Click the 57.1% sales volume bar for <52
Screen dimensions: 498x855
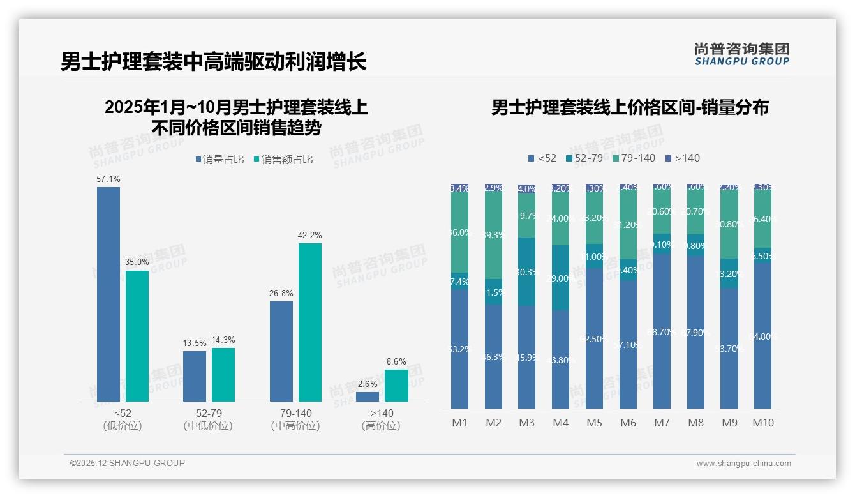pos(108,294)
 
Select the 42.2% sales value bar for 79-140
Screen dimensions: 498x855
pos(310,322)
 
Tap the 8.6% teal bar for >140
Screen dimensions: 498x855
pos(396,386)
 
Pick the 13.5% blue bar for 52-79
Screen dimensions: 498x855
pos(195,376)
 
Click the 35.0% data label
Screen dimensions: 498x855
pos(137,262)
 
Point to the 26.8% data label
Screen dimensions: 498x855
pos(281,294)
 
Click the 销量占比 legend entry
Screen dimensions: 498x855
pos(219,160)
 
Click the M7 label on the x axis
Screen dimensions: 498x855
pos(662,423)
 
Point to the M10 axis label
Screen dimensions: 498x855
pos(762,423)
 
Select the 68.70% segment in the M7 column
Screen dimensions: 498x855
pos(662,331)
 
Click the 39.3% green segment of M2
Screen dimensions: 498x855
pos(493,236)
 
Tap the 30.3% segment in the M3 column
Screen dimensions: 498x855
pos(526,272)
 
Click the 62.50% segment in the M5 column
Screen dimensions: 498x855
pos(594,338)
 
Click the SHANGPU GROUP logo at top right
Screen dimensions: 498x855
pos(741,54)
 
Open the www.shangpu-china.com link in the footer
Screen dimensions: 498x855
pos(743,464)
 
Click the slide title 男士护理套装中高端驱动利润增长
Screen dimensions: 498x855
pos(214,62)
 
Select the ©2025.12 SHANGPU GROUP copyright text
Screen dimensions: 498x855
pos(128,463)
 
